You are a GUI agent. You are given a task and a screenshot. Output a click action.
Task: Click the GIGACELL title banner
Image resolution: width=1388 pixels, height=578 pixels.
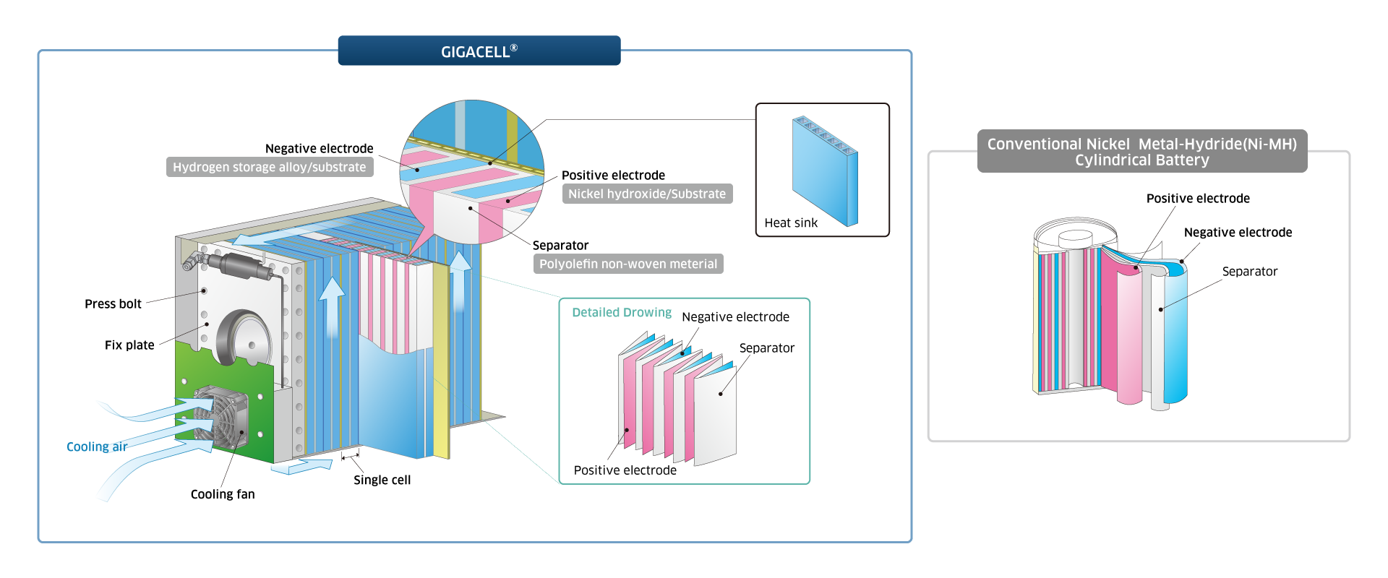point(479,51)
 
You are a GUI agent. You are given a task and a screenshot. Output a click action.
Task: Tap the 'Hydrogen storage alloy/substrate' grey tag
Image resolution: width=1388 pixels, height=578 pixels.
point(270,167)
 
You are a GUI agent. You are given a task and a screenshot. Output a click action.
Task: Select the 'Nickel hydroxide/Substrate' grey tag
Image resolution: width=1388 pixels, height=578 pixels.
point(647,194)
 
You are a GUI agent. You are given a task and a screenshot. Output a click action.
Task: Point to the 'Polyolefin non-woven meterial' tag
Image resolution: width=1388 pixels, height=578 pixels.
point(628,264)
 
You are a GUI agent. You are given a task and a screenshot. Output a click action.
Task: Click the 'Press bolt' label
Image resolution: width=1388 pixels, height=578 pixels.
point(113,303)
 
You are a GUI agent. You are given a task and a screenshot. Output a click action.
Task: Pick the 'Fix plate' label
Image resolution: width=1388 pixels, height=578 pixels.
point(129,345)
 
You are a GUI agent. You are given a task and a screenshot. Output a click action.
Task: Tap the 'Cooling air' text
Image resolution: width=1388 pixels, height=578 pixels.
point(97,447)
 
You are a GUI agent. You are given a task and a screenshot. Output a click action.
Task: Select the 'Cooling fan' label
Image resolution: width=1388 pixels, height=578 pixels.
point(223,494)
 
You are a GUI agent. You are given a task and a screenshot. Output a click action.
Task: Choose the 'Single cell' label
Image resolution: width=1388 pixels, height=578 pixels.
point(382,480)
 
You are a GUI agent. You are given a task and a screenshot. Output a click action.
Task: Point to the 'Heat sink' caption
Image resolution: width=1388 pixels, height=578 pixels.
point(791,223)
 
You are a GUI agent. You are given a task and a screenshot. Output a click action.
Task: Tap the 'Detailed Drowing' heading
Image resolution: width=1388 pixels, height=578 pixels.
point(622,312)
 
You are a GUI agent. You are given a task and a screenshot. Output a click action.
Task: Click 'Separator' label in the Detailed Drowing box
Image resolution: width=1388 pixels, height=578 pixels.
point(766,348)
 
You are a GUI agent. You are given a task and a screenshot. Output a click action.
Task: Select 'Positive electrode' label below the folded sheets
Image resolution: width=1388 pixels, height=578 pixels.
point(625,470)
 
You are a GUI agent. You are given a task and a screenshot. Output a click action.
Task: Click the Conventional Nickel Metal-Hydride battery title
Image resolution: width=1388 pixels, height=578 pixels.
point(1142,152)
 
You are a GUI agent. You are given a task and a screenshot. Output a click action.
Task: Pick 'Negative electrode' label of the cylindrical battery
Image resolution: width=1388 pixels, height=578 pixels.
point(1238,232)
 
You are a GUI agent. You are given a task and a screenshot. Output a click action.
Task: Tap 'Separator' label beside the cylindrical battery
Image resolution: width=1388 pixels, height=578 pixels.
point(1250,271)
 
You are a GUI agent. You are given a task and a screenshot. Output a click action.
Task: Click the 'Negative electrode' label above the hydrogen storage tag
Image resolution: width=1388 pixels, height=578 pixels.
point(319,148)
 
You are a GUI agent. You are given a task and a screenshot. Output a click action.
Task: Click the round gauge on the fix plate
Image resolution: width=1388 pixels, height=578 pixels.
point(244,340)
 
